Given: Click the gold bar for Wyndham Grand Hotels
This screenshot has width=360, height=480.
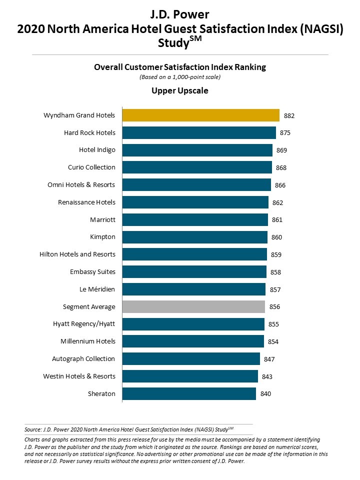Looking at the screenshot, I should coord(200,115).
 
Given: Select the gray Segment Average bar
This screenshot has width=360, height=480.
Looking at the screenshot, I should coord(193,306).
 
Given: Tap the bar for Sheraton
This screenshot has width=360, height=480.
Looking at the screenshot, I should coord(189,393).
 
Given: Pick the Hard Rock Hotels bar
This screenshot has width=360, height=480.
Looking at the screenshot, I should coord(199,133).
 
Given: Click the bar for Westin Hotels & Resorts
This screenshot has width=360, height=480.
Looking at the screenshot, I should coord(190,376).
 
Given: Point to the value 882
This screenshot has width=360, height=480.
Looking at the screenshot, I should coord(289,115).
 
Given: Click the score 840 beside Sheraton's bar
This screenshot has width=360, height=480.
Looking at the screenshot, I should coord(265,394).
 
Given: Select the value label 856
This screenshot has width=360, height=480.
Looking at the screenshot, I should coord(274,307).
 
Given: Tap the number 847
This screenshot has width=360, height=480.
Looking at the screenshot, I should coord(269,359).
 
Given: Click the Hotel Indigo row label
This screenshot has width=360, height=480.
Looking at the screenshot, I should coord(97,150).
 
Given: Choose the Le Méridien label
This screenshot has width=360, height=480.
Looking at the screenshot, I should coord(97,289).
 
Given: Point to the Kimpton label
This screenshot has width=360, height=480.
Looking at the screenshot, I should coord(102,237).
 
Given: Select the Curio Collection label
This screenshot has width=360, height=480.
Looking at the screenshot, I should coord(91,167).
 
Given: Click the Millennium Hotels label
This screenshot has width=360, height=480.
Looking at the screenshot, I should coord(87,341).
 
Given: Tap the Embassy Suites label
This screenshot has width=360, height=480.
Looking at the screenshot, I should coord(92,272).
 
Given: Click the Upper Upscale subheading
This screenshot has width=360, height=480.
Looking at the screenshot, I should coord(180,91).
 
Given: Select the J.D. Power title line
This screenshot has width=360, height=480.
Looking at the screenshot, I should coord(180,14).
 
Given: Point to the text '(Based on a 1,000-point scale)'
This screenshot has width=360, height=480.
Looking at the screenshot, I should coord(180,77).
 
